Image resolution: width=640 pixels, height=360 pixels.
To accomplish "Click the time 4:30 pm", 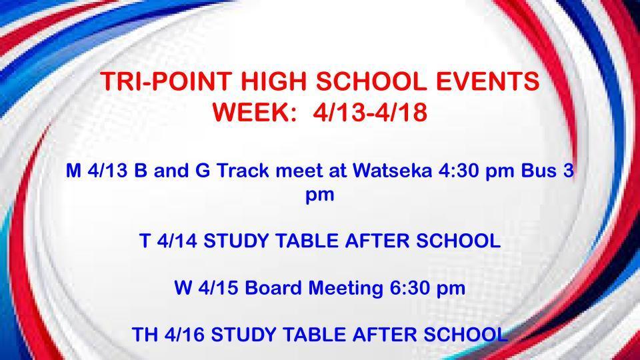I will pyautogui.click(x=473, y=171).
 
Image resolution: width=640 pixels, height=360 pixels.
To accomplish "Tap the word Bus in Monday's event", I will pyautogui.click(x=539, y=171).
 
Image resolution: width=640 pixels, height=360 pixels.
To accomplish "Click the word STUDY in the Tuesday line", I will pyautogui.click(x=238, y=241).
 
